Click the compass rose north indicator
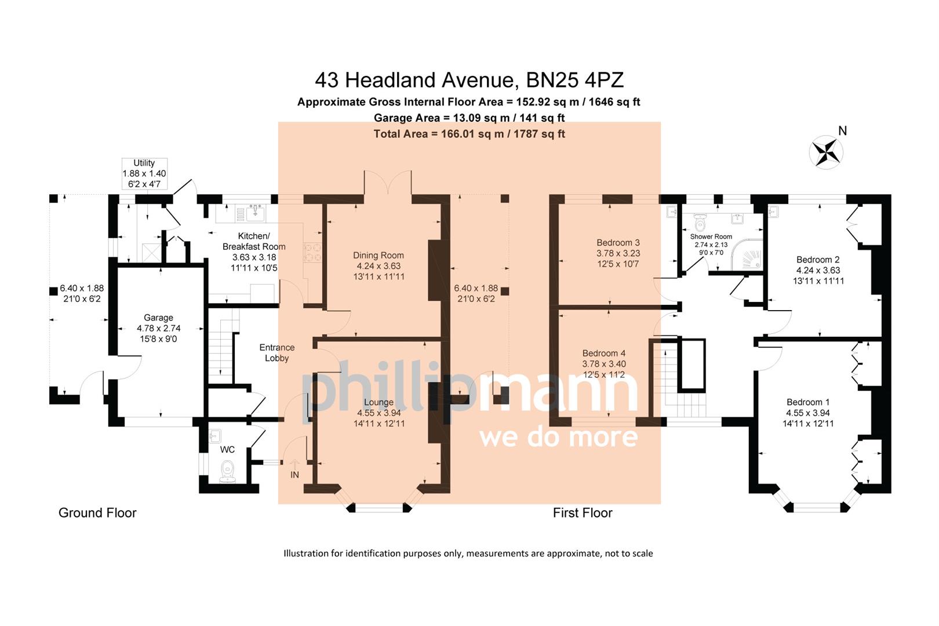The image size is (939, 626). pos(826,152)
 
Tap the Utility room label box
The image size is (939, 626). pos(144,173)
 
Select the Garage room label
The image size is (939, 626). pos(158,328)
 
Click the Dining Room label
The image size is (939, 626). pos(378,266)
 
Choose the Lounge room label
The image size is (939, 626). pos(378,413)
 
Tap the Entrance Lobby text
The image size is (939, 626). pos(276,352)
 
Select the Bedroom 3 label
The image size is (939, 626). pos(618,253)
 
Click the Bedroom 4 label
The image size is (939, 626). pos(604,364)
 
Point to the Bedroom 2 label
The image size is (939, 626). pos(817,270)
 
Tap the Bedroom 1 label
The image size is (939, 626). pos(808,413)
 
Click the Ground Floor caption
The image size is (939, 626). pos(97,513)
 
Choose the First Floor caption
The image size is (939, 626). pos(583,513)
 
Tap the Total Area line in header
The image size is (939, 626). pos(469,134)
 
